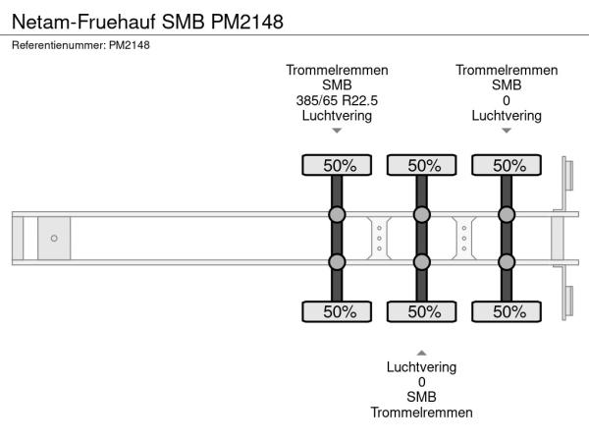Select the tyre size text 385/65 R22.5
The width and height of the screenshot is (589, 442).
click(x=337, y=100)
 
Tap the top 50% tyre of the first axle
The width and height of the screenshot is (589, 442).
click(x=337, y=165)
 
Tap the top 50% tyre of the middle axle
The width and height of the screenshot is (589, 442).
click(x=422, y=165)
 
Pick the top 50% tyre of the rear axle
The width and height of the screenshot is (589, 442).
click(x=507, y=165)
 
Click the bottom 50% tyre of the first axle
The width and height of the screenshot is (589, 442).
click(x=337, y=311)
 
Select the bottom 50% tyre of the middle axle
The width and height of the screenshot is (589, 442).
click(x=422, y=311)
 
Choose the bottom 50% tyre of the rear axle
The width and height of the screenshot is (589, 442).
click(x=507, y=311)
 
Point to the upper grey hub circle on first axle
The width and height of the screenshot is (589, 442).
click(x=337, y=215)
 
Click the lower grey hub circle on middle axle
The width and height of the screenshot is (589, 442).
click(x=422, y=261)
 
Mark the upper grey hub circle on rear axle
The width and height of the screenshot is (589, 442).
click(x=507, y=215)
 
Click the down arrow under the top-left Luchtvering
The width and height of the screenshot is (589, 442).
click(x=337, y=131)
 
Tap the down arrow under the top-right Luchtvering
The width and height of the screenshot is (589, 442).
click(x=507, y=131)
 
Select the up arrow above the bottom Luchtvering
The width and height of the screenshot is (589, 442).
click(x=422, y=352)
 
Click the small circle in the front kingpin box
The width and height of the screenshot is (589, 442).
click(x=54, y=238)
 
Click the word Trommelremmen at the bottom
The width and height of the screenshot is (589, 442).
click(x=422, y=413)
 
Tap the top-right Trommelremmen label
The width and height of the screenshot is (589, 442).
click(x=507, y=70)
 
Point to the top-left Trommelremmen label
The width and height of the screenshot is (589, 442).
click(x=337, y=70)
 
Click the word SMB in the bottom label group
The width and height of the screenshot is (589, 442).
click(x=422, y=397)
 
